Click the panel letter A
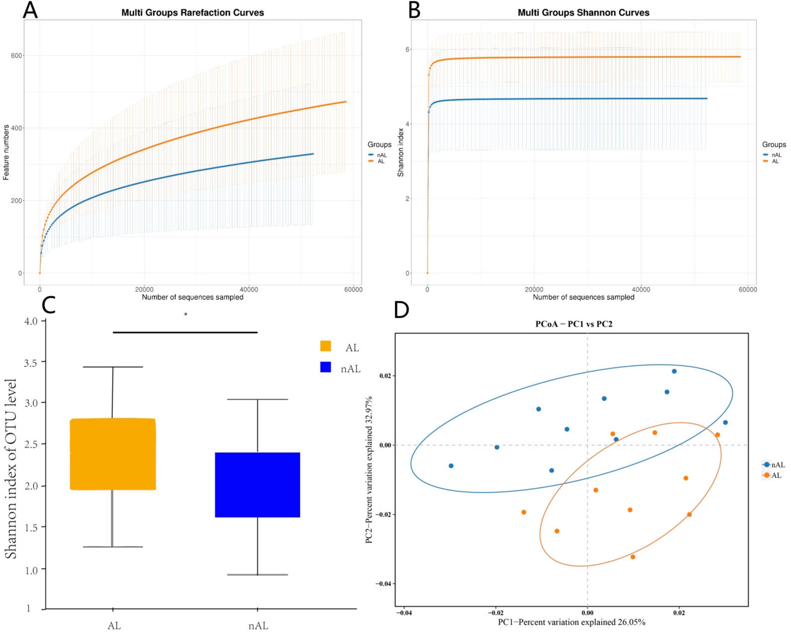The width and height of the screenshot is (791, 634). tap(30, 10)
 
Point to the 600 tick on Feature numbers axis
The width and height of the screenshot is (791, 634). tap(16, 55)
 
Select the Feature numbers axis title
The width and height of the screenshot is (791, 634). tap(6, 152)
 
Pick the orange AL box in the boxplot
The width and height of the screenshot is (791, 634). tap(113, 454)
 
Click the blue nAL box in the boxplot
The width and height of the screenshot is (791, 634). tap(258, 485)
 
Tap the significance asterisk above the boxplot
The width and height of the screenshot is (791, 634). tap(186, 314)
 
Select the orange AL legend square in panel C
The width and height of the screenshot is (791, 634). tap(325, 346)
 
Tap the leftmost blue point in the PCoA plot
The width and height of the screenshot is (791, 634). tap(451, 466)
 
